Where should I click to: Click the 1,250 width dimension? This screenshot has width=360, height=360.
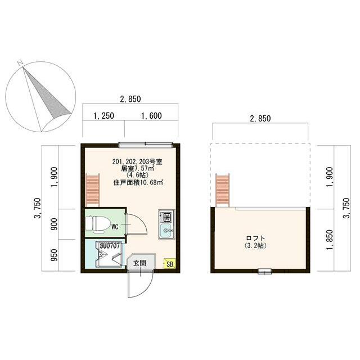(x=103, y=116)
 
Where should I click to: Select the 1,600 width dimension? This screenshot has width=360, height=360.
(x=151, y=116)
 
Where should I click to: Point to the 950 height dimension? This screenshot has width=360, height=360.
(x=53, y=256)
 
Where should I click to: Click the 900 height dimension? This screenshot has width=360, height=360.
(x=53, y=224)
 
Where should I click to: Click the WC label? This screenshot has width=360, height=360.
(x=114, y=227)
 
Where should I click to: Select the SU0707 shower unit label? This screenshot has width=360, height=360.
(x=107, y=246)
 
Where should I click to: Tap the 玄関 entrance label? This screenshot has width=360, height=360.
(x=139, y=263)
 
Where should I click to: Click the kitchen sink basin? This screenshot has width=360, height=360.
(x=167, y=231)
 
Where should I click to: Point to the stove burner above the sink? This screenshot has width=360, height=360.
(x=167, y=215)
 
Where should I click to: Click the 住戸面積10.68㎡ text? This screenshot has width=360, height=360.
(x=138, y=182)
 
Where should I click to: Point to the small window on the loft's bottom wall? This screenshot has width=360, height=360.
(x=264, y=272)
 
